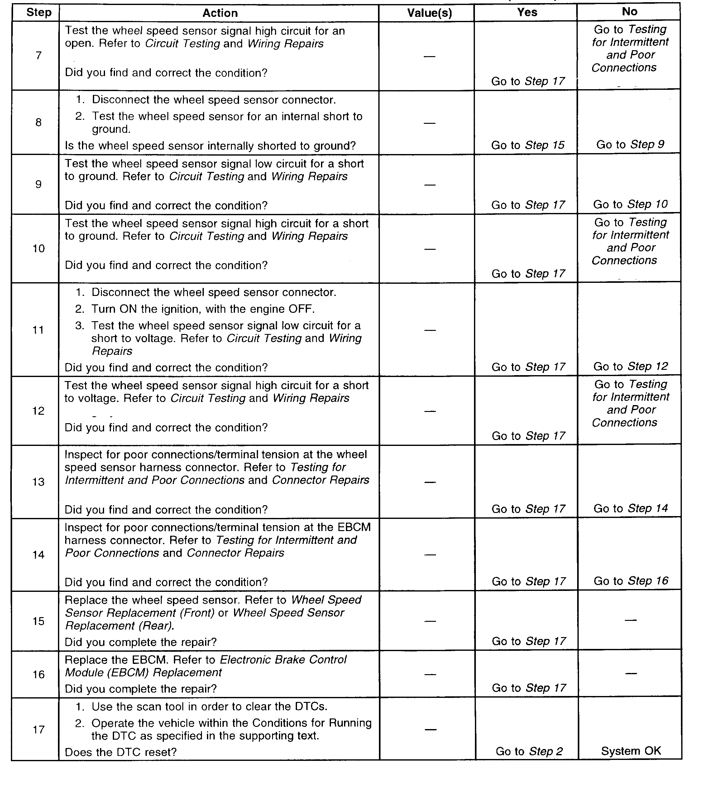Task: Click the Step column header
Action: (x=39, y=12)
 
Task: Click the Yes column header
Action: (x=527, y=12)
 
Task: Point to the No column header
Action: (x=629, y=12)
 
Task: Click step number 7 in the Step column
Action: (x=38, y=56)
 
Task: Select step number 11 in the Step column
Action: (x=38, y=330)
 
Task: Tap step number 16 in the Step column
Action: (x=38, y=674)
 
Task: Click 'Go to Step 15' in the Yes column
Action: (x=528, y=145)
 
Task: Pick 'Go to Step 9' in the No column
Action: (x=630, y=145)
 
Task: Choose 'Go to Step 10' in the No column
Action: (x=630, y=205)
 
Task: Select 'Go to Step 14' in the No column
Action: (x=630, y=509)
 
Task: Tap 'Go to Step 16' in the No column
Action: (x=631, y=581)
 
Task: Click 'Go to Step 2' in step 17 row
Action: (x=529, y=751)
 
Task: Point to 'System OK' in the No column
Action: (x=631, y=751)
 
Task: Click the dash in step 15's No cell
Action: (x=631, y=620)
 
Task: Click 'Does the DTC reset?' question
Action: (x=121, y=752)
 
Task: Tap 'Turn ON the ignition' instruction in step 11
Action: (x=203, y=309)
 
